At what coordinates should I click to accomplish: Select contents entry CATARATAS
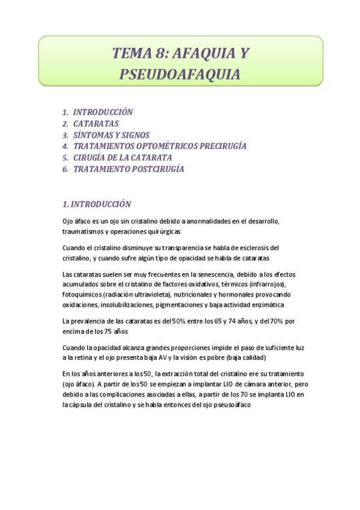96,123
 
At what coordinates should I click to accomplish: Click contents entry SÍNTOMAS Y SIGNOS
111,135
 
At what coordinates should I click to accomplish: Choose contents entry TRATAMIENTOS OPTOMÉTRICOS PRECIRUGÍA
160,146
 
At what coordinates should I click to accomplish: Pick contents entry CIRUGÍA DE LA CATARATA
123,158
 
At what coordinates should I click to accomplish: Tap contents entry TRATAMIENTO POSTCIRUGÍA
129,169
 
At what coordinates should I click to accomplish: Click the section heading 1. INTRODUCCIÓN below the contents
97,204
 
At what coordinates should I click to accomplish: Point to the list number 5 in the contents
65,158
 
